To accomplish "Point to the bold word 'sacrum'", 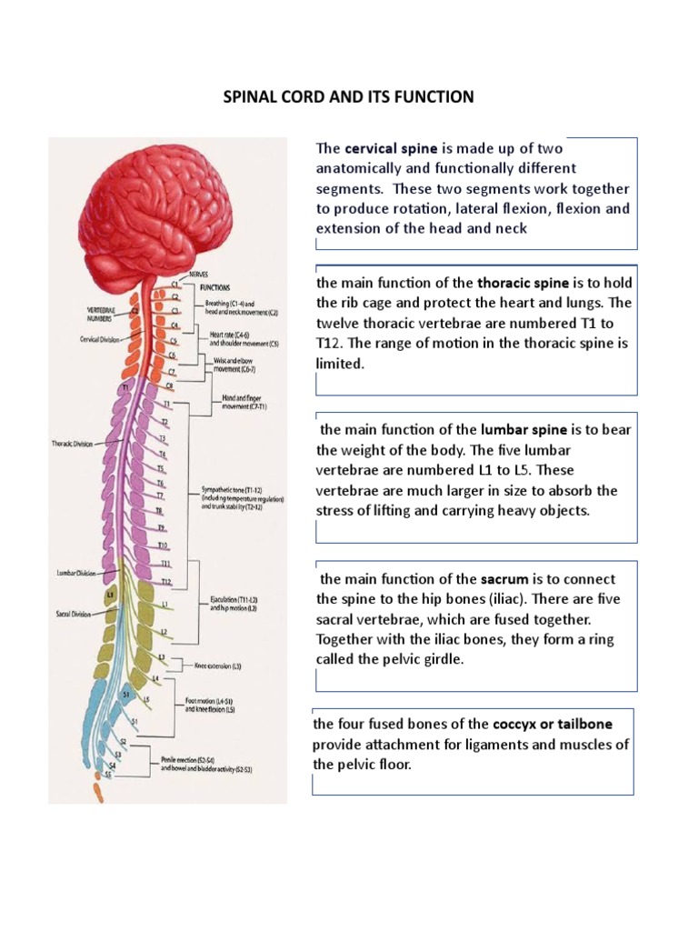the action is click(504, 579).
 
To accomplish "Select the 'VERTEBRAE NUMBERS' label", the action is click(100, 314).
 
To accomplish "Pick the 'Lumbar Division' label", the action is click(76, 573).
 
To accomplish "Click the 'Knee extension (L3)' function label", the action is click(218, 666).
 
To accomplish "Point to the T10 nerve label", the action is click(164, 546).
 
